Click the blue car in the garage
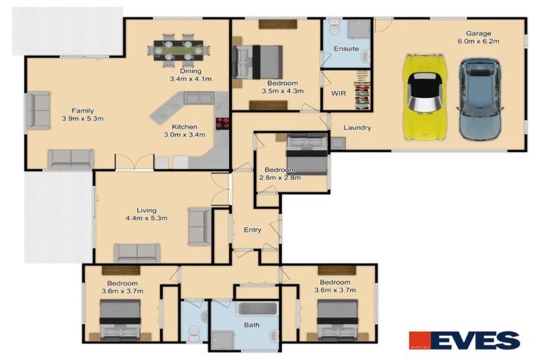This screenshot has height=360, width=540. (480, 98)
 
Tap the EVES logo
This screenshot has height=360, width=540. (465, 340)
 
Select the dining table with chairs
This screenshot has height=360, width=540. (179, 51)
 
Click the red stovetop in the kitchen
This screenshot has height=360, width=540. (223, 123)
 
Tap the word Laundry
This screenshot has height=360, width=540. (357, 128)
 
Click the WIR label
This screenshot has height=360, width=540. (337, 92)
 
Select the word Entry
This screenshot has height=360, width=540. (252, 230)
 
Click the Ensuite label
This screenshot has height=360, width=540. (347, 49)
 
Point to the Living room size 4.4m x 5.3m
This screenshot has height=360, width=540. (147, 219)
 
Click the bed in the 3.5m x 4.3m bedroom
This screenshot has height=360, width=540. (257, 62)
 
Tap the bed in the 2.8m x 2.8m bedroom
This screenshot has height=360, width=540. (307, 155)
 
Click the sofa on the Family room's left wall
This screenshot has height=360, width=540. (37, 110)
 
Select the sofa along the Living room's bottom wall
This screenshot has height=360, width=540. (138, 252)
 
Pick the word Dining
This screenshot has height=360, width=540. (190, 71)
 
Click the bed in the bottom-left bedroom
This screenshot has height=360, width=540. (120, 318)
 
